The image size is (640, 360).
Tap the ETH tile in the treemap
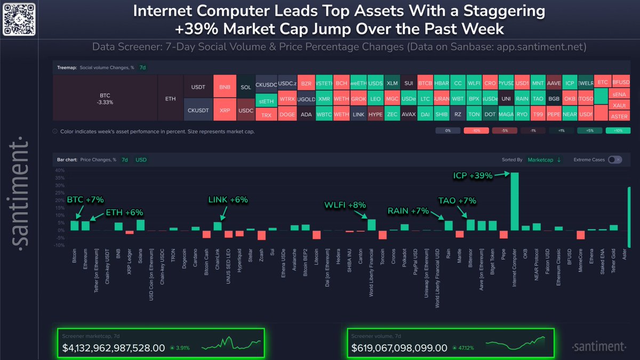click(170, 98)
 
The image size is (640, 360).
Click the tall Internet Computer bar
click(515, 202)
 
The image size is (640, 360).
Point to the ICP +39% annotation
click(473, 174)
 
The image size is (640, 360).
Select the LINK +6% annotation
click(228, 199)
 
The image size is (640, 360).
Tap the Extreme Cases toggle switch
click(614, 159)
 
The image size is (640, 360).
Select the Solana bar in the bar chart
click(141, 225)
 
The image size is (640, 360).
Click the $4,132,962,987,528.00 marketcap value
click(113, 348)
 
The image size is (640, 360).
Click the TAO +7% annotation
click(457, 201)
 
